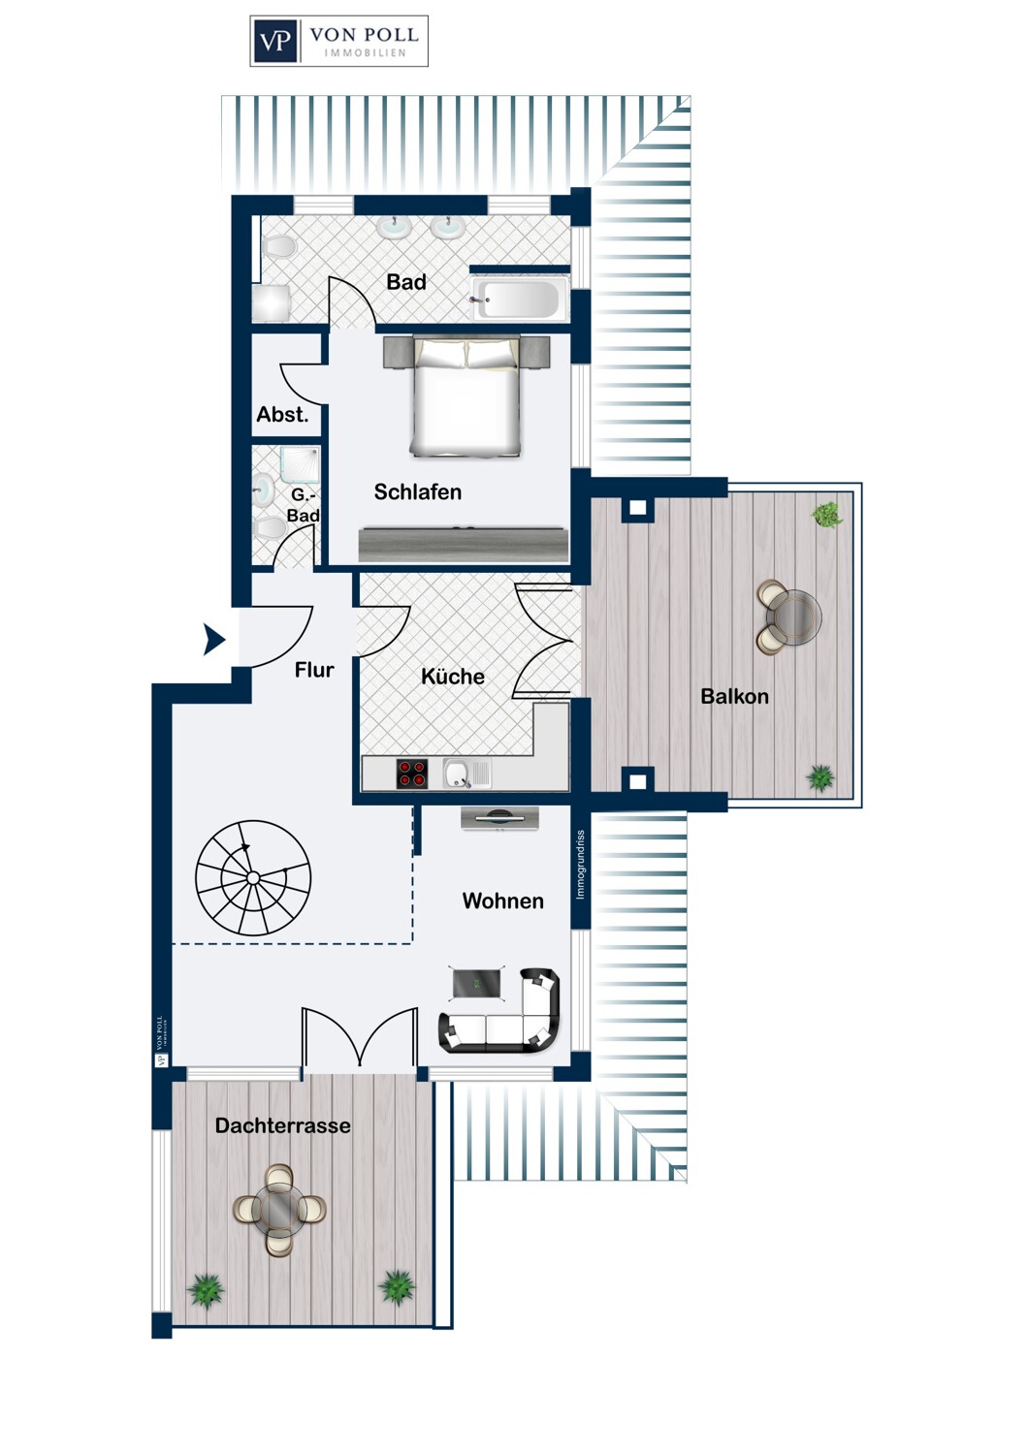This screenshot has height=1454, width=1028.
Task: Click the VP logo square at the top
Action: click(276, 41)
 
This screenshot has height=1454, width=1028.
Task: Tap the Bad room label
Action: click(406, 282)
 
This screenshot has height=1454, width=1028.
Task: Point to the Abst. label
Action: click(282, 414)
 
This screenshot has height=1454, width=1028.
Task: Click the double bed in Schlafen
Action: click(466, 395)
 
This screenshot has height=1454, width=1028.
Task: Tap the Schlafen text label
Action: click(418, 492)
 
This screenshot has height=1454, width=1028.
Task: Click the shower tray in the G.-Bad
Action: click(300, 464)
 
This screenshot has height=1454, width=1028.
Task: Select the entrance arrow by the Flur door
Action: click(214, 640)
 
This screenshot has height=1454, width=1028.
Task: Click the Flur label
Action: click(314, 669)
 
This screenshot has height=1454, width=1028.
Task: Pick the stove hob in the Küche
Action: click(412, 774)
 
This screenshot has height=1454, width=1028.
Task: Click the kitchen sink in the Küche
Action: click(466, 774)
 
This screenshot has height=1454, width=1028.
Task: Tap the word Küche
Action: click(453, 677)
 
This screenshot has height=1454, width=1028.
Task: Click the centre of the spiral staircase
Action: click(253, 878)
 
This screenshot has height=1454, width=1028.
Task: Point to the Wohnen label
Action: click(502, 901)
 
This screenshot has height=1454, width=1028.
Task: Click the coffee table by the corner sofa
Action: click(477, 984)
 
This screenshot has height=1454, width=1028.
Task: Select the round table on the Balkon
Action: click(793, 616)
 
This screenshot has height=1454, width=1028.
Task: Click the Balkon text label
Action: click(734, 697)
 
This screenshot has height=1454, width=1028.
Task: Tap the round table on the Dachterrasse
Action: click(280, 1210)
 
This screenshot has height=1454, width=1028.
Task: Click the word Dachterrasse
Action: click(283, 1125)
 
